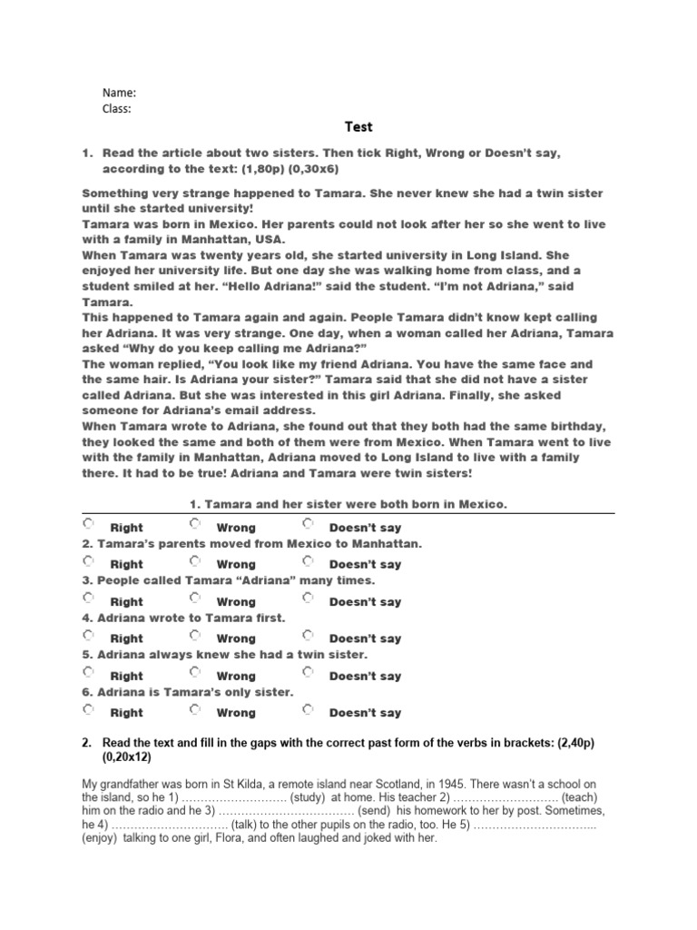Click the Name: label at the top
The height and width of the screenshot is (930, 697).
pos(119,93)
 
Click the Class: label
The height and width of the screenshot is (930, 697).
pos(117,109)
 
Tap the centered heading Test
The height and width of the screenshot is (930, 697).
pos(358,127)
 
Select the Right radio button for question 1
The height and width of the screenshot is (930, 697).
pos(88,524)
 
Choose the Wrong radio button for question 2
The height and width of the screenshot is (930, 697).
pos(195,560)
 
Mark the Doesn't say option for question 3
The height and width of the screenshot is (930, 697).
pos(308,598)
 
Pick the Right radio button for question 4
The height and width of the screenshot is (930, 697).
pos(88,635)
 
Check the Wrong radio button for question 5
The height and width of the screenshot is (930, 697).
pos(195,672)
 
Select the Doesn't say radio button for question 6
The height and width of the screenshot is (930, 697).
pos(308,709)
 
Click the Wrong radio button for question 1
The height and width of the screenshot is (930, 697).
pos(195,524)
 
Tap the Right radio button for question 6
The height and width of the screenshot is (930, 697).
pos(88,709)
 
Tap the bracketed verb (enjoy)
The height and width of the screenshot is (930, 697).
pos(106,838)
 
